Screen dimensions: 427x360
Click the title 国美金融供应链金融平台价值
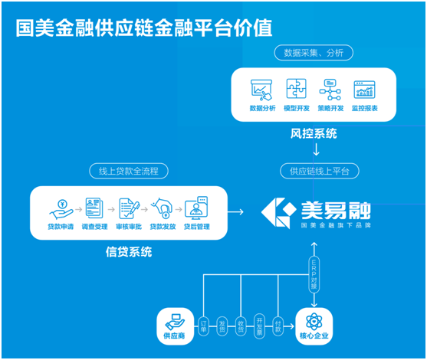(144, 28)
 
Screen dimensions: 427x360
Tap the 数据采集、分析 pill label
(314, 53)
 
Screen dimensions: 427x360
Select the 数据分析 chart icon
(261, 90)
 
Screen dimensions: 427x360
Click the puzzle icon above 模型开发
(296, 89)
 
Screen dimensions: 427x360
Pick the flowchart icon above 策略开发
(330, 90)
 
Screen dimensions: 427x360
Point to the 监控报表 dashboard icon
(364, 90)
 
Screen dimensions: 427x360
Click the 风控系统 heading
(314, 133)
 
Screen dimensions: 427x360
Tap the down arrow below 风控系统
(316, 149)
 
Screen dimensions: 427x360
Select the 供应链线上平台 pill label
(320, 171)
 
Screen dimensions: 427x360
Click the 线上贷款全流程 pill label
(129, 171)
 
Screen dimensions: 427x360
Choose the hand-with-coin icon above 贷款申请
(61, 209)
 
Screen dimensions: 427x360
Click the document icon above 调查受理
(94, 208)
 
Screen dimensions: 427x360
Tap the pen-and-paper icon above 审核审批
(130, 208)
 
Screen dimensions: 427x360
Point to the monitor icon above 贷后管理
(196, 208)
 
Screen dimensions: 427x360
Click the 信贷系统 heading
(129, 252)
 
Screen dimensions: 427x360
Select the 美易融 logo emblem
(278, 213)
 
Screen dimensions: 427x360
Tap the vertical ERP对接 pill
(314, 274)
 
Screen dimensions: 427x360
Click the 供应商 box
(176, 326)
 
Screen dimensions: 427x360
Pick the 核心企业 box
(314, 326)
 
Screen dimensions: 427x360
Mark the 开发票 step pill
(259, 326)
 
